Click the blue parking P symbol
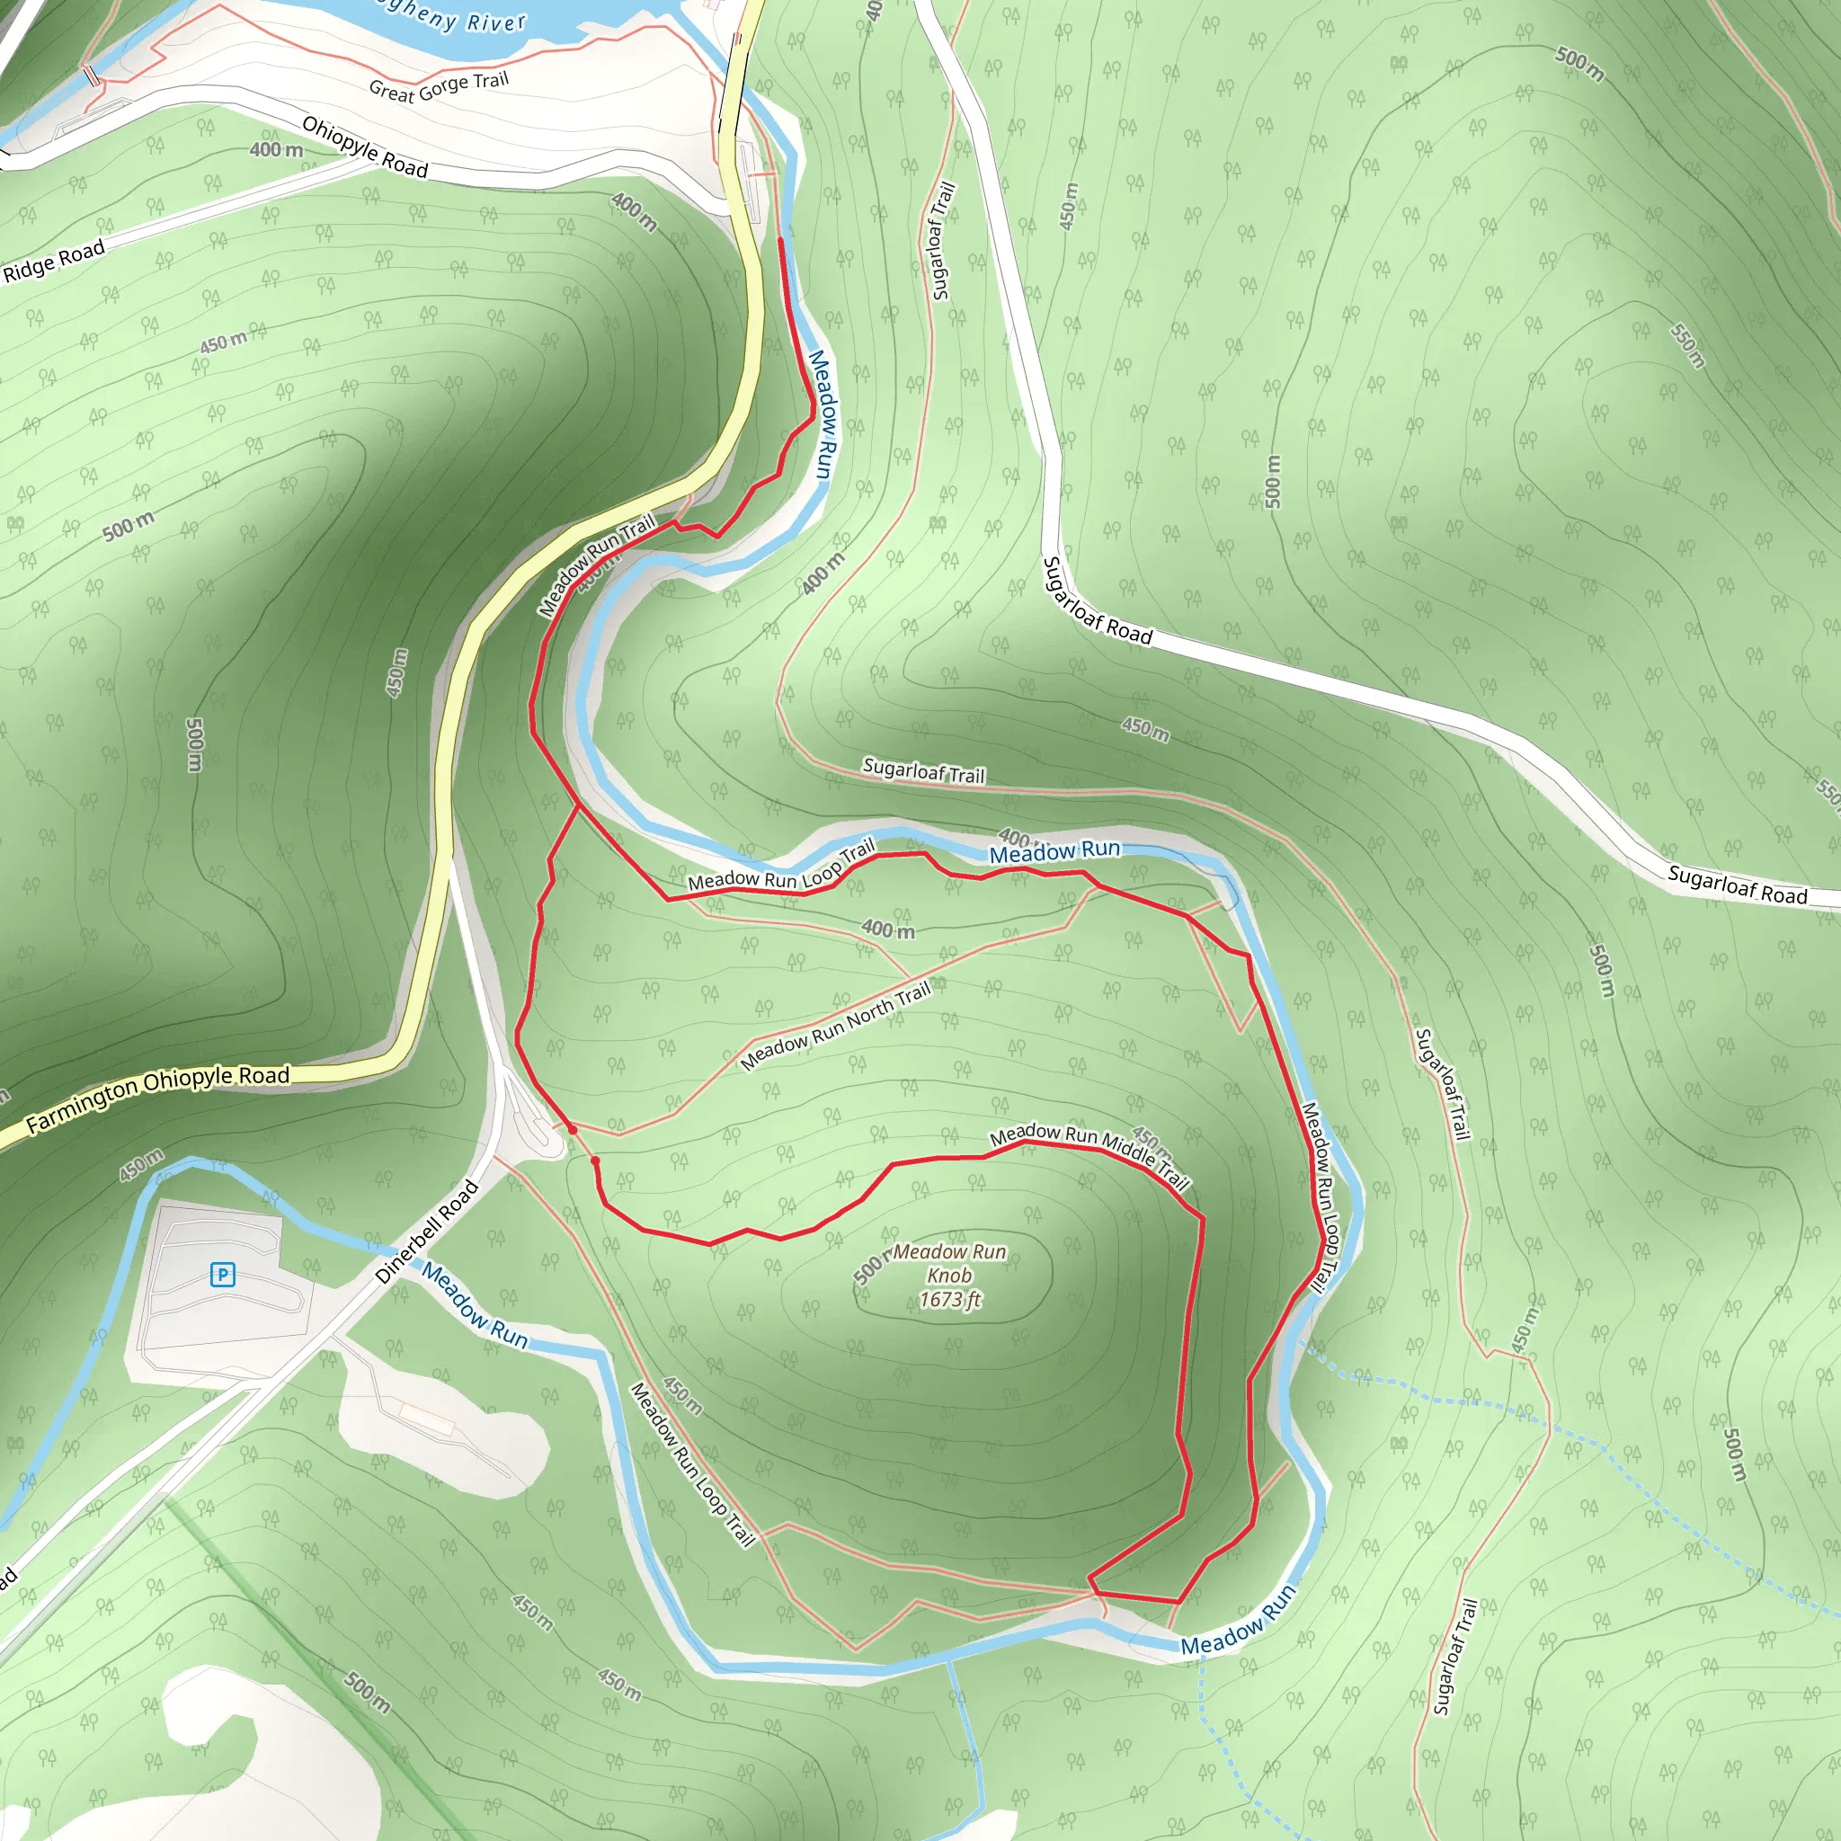click(222, 1275)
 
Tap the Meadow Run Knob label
click(949, 1264)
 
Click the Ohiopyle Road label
click(365, 147)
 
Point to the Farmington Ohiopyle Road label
click(157, 1098)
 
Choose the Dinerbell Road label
click(427, 1232)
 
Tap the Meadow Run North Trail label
click(835, 1026)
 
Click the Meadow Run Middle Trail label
click(1090, 1154)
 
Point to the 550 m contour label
click(1687, 346)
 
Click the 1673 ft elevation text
click(949, 1300)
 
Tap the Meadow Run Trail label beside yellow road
click(597, 565)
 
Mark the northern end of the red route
click(781, 240)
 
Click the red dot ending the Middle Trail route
click(596, 1161)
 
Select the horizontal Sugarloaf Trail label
click(922, 770)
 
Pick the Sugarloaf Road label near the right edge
click(1736, 885)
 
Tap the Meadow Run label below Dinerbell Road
click(475, 1305)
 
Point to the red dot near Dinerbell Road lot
click(572, 1130)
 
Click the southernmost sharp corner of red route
click(1179, 1602)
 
